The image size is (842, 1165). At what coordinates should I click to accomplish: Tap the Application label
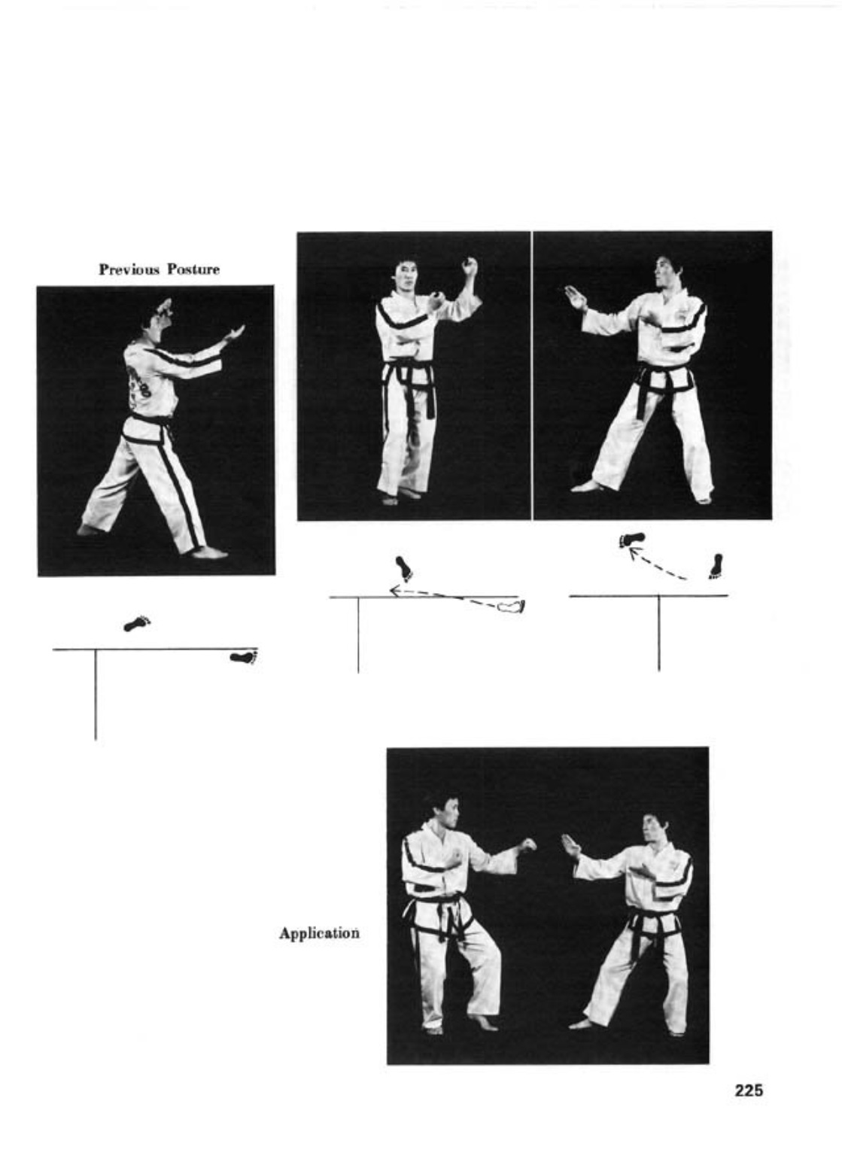tap(319, 933)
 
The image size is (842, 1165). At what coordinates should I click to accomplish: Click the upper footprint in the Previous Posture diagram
tap(137, 623)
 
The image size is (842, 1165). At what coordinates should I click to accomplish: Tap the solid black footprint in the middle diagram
tap(404, 568)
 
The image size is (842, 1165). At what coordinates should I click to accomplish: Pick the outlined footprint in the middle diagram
tap(511, 607)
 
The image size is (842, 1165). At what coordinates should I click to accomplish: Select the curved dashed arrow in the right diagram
tap(656, 564)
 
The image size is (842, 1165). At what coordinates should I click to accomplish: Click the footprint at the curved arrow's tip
tap(632, 540)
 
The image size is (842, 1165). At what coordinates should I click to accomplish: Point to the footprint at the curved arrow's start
tap(716, 566)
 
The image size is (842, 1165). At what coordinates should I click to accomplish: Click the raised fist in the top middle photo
tap(471, 267)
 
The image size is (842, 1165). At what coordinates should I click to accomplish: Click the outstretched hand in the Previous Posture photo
tap(234, 333)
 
